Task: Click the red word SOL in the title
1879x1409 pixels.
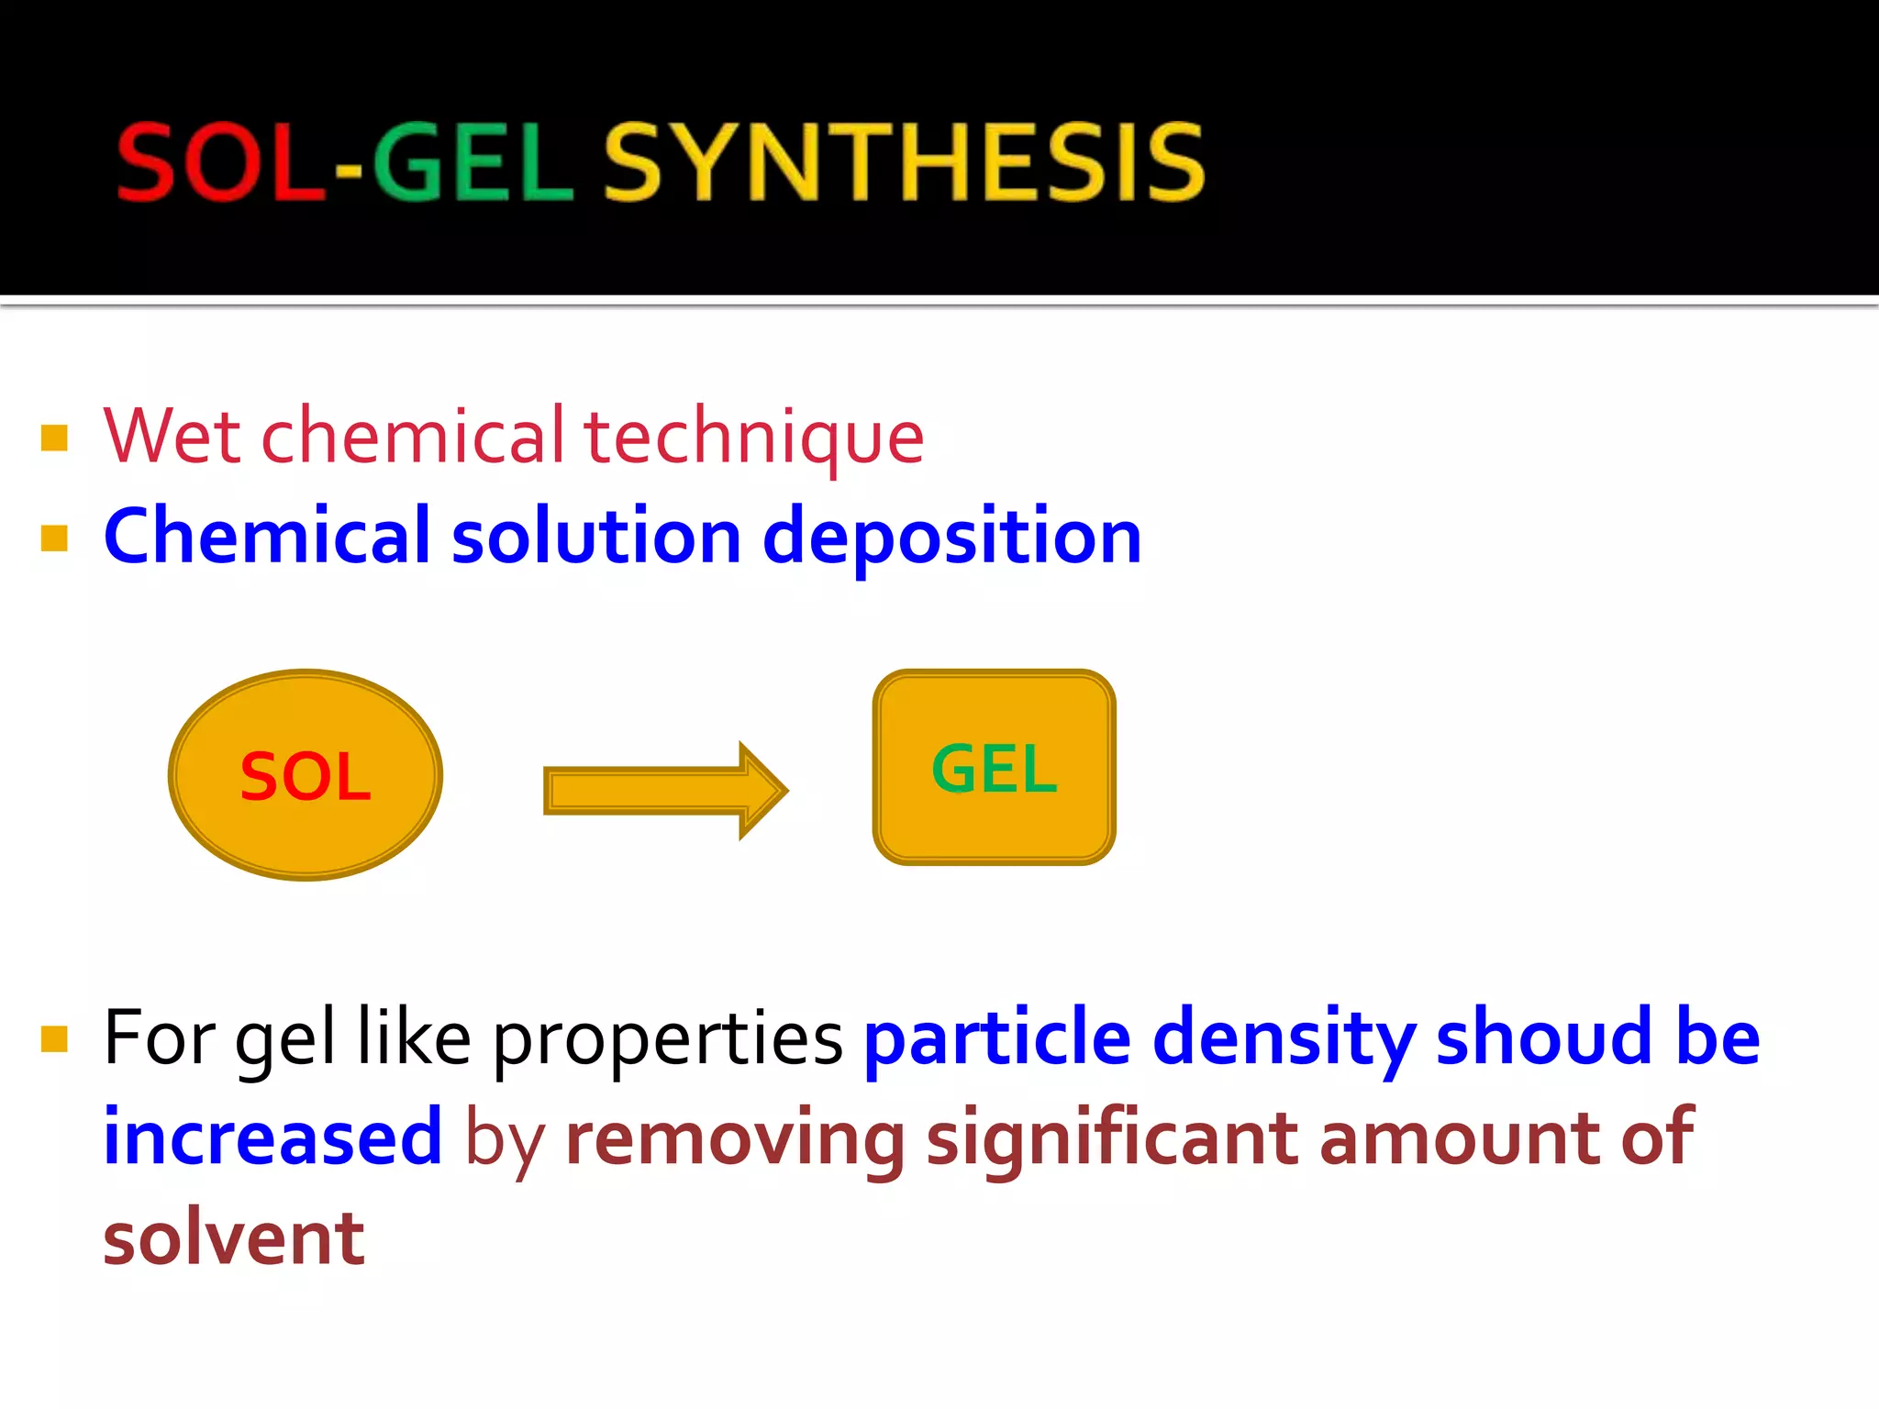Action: point(220,163)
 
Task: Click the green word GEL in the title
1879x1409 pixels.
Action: point(472,163)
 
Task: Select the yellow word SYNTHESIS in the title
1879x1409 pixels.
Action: point(904,163)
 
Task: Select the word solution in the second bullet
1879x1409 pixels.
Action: point(596,537)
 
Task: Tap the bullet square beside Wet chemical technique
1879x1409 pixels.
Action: point(55,438)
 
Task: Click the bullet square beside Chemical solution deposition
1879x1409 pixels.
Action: point(55,538)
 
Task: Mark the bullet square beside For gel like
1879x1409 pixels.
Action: point(55,1039)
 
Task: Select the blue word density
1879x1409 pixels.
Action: point(1284,1039)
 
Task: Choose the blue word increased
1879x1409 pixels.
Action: point(272,1138)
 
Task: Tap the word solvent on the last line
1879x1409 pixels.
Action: point(234,1238)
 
